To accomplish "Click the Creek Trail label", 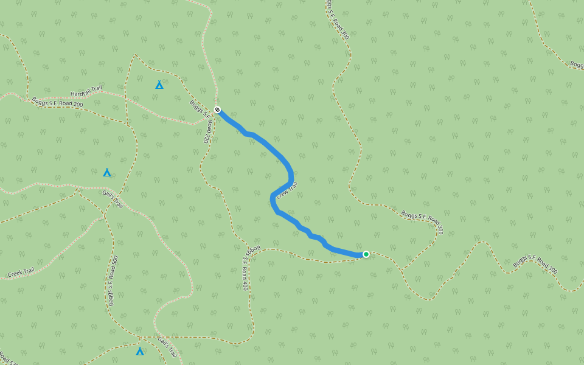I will [21, 272].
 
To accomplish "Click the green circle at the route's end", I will [366, 254].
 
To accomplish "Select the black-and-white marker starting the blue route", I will [217, 110].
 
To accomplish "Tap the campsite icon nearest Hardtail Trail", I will [159, 85].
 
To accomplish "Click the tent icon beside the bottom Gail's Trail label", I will [140, 351].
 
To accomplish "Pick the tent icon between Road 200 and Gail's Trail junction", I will [107, 172].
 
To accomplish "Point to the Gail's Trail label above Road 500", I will [113, 198].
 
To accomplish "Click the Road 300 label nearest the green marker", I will [422, 223].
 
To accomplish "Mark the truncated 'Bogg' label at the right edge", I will [576, 64].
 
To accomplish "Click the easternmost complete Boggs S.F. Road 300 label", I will [535, 262].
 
